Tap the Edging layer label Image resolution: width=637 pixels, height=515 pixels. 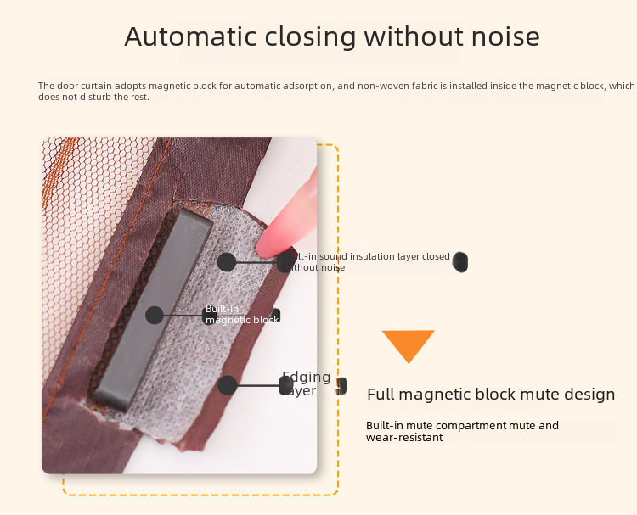306,384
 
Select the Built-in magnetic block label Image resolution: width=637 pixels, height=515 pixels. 241,315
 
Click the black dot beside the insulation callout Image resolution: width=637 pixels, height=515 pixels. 227,262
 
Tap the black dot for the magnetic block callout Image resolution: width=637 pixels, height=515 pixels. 154,316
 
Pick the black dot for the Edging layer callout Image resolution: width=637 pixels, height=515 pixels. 227,385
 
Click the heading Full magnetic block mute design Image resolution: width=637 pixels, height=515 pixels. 491,395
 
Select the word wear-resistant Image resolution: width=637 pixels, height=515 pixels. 404,438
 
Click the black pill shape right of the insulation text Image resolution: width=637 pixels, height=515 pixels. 460,261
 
